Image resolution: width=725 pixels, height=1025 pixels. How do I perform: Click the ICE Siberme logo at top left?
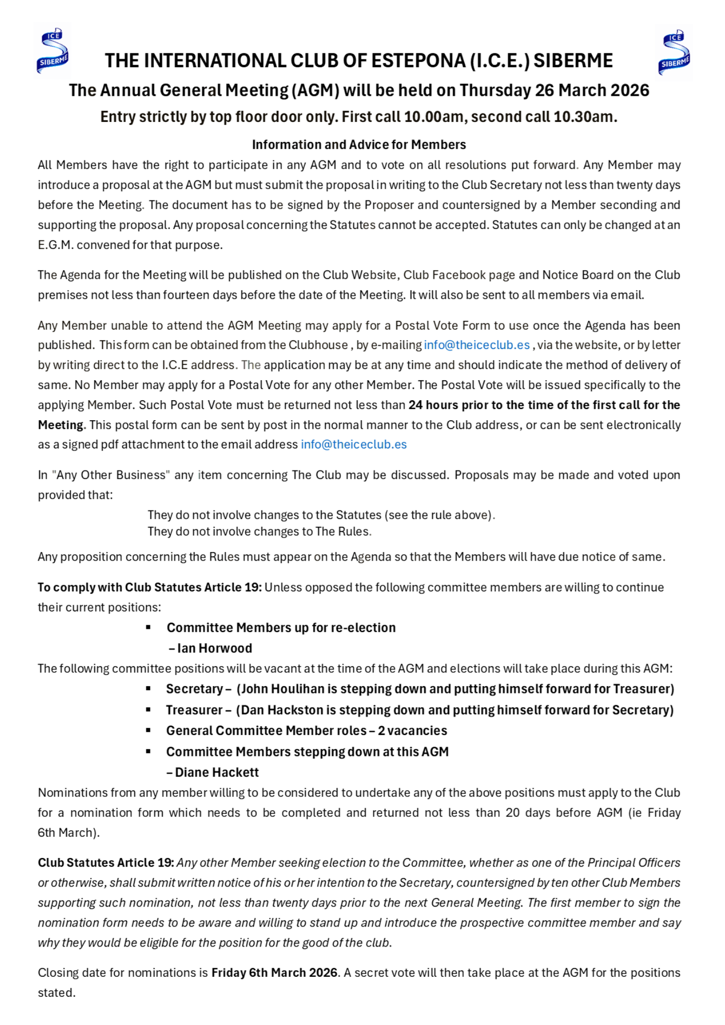tap(53, 51)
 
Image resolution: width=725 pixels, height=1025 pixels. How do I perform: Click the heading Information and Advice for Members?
tap(359, 145)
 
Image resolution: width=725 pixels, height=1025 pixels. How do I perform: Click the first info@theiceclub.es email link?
tap(476, 345)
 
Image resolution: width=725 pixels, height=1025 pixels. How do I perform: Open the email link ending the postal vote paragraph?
tap(353, 444)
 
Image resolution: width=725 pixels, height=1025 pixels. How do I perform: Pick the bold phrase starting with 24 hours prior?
tap(544, 405)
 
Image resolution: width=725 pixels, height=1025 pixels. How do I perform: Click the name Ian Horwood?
tap(214, 648)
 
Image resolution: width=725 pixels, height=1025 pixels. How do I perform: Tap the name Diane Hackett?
tap(216, 772)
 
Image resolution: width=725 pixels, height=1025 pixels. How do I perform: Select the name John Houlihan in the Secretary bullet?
tap(283, 689)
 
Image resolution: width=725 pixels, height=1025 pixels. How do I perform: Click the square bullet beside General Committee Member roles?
tap(148, 730)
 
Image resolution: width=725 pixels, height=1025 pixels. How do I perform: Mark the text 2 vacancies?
tap(412, 731)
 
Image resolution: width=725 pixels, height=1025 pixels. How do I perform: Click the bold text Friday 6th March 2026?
tap(274, 973)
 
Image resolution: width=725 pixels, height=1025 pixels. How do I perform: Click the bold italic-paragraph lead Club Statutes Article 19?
tap(106, 863)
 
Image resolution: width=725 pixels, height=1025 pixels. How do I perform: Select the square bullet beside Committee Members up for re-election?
tap(148, 627)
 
